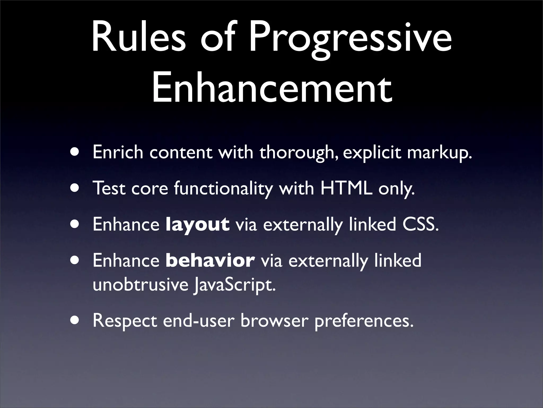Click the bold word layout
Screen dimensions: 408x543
[197, 225]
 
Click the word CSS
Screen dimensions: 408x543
[420, 224]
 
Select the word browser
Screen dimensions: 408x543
[274, 321]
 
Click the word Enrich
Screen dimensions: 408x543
[118, 152]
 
